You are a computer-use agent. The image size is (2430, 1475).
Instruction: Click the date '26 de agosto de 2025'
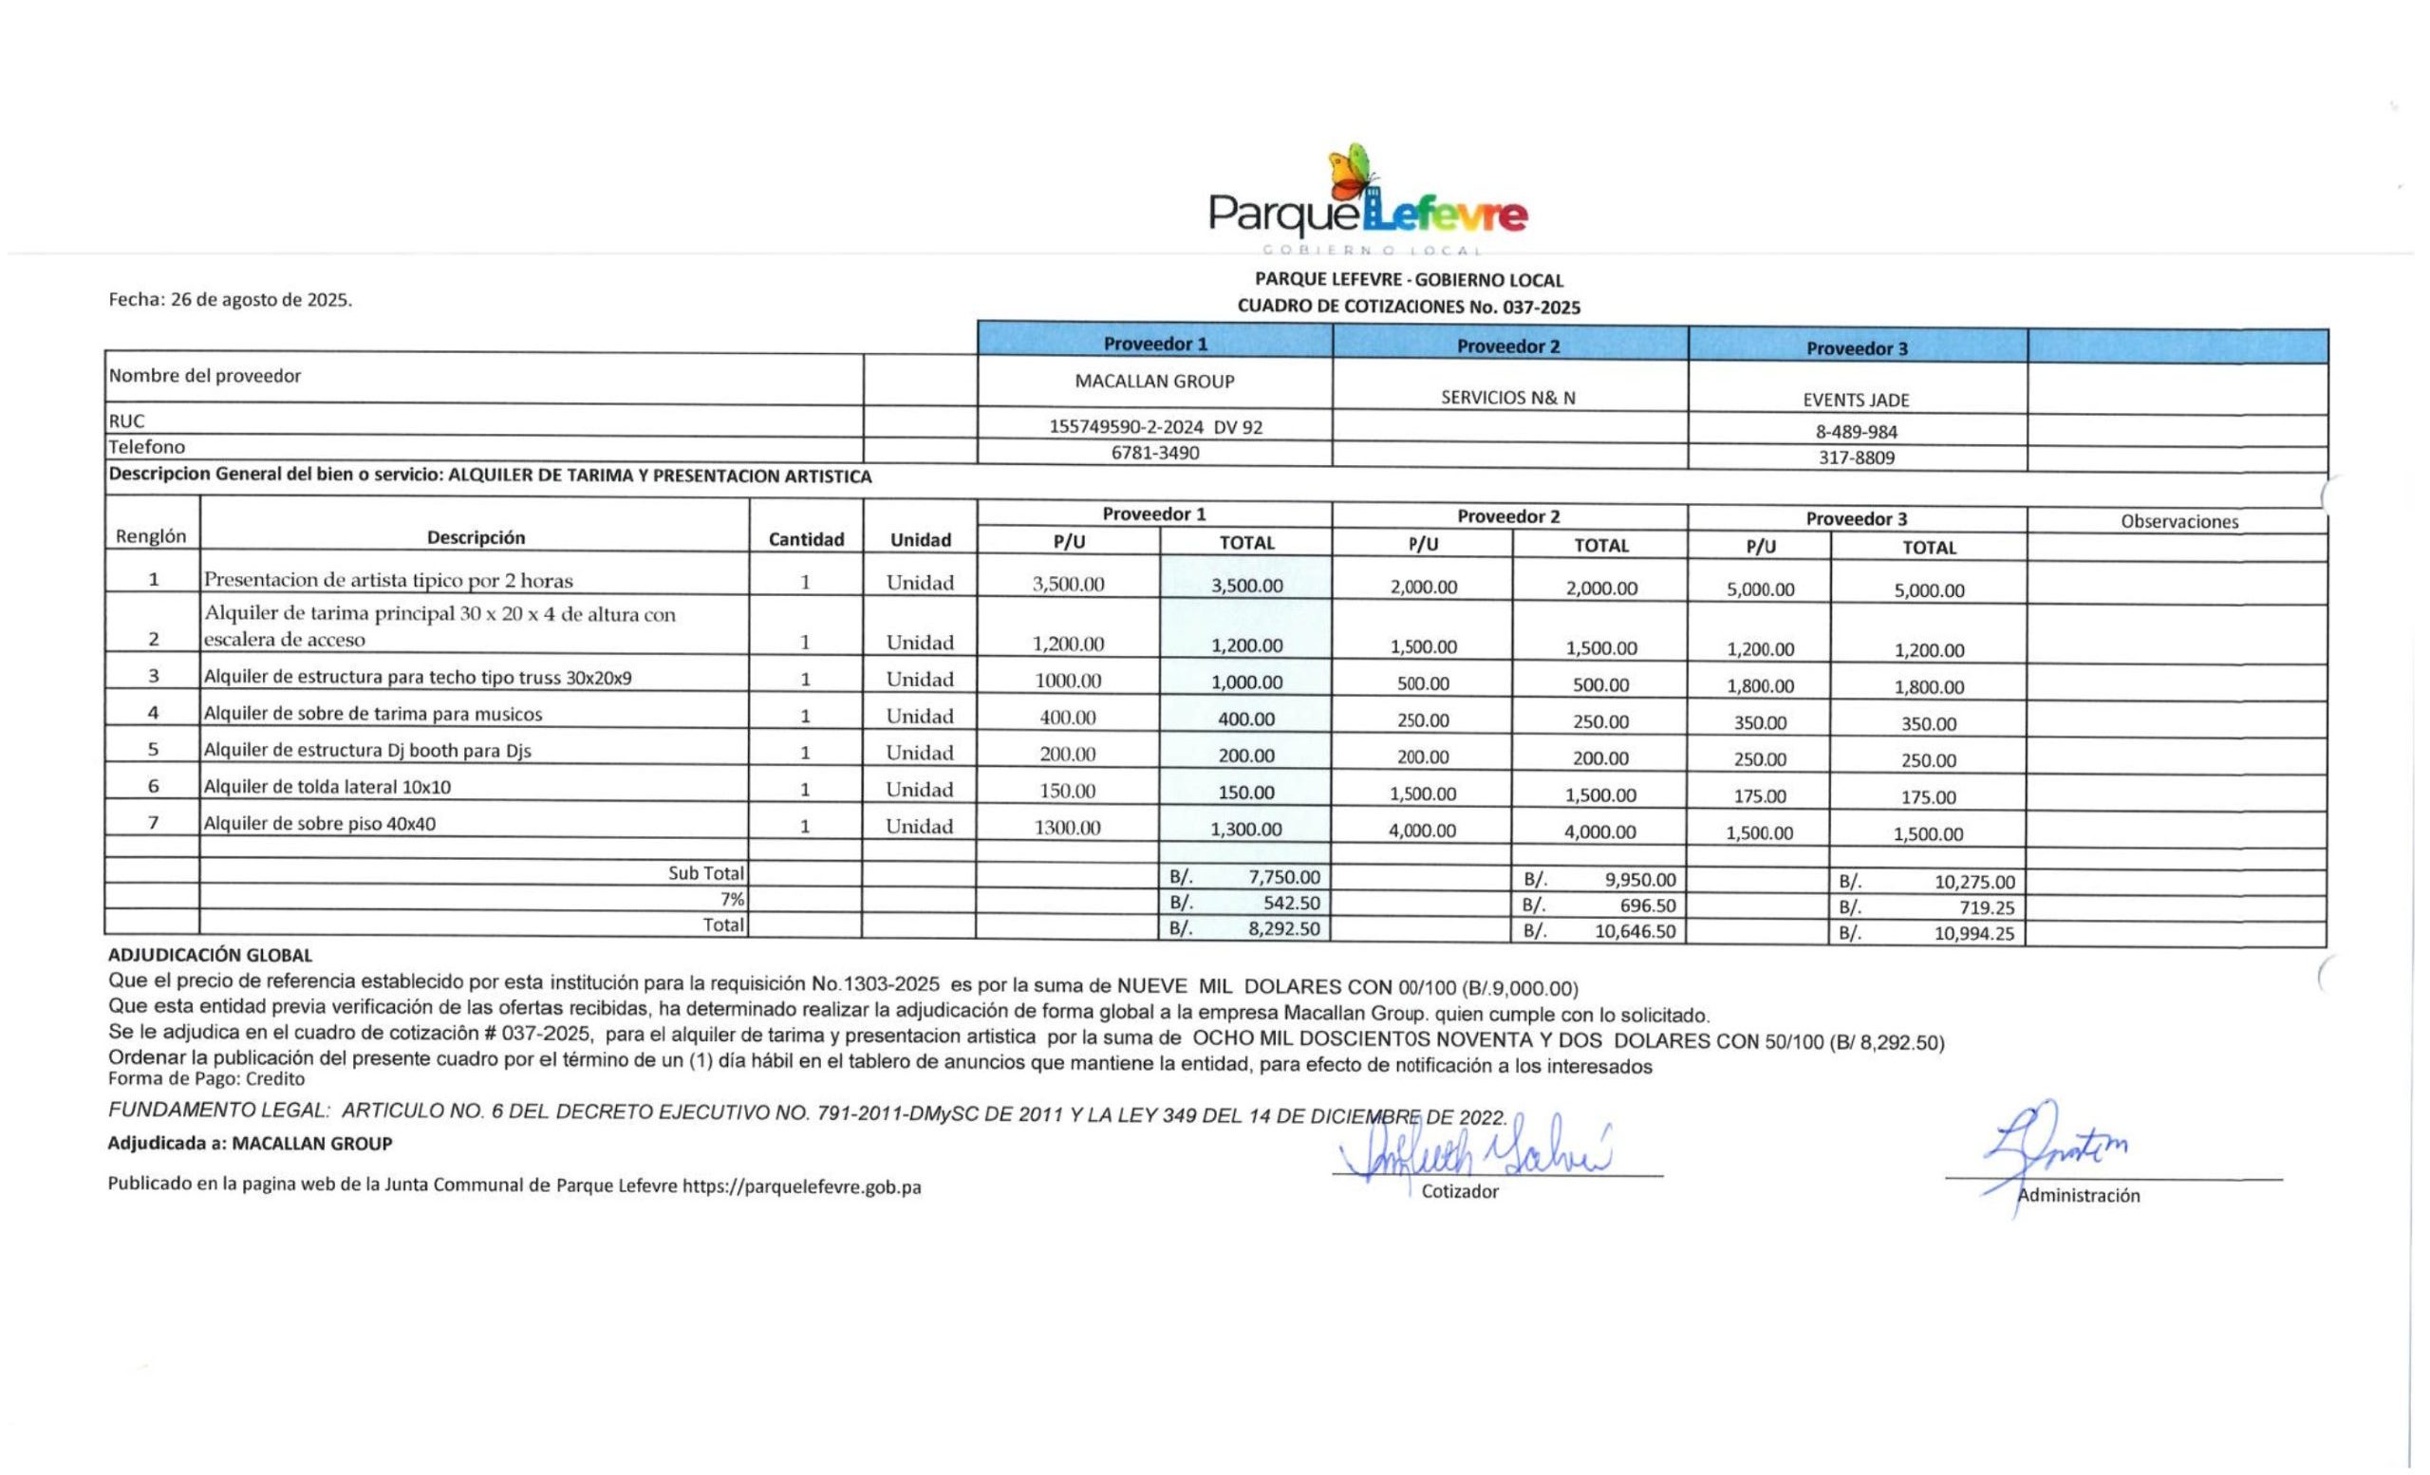[x=260, y=300]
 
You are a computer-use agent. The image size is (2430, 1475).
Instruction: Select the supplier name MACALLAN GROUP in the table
[x=1154, y=382]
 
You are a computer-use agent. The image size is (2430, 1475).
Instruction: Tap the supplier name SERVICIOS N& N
[x=1508, y=398]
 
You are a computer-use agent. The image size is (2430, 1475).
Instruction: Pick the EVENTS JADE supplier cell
[x=1856, y=401]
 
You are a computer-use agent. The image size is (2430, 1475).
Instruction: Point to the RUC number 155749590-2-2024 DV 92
[x=1155, y=427]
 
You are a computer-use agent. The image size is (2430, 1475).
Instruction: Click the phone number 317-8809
[x=1856, y=457]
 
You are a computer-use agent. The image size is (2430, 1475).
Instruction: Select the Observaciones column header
[x=2178, y=522]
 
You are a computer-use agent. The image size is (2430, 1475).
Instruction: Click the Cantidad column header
[x=806, y=539]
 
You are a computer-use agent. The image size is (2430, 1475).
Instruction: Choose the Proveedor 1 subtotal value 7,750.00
[x=1284, y=876]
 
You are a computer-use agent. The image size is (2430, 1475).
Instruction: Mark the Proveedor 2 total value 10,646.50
[x=1636, y=931]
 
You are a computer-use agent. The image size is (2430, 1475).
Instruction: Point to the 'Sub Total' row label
[x=705, y=872]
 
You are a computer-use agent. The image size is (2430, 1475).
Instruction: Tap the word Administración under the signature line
[x=2078, y=1196]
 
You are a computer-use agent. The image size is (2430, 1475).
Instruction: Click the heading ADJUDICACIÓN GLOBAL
[x=210, y=955]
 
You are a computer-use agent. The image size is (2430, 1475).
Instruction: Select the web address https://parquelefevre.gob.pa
[x=801, y=1187]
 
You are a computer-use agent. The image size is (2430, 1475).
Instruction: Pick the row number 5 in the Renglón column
[x=153, y=749]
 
